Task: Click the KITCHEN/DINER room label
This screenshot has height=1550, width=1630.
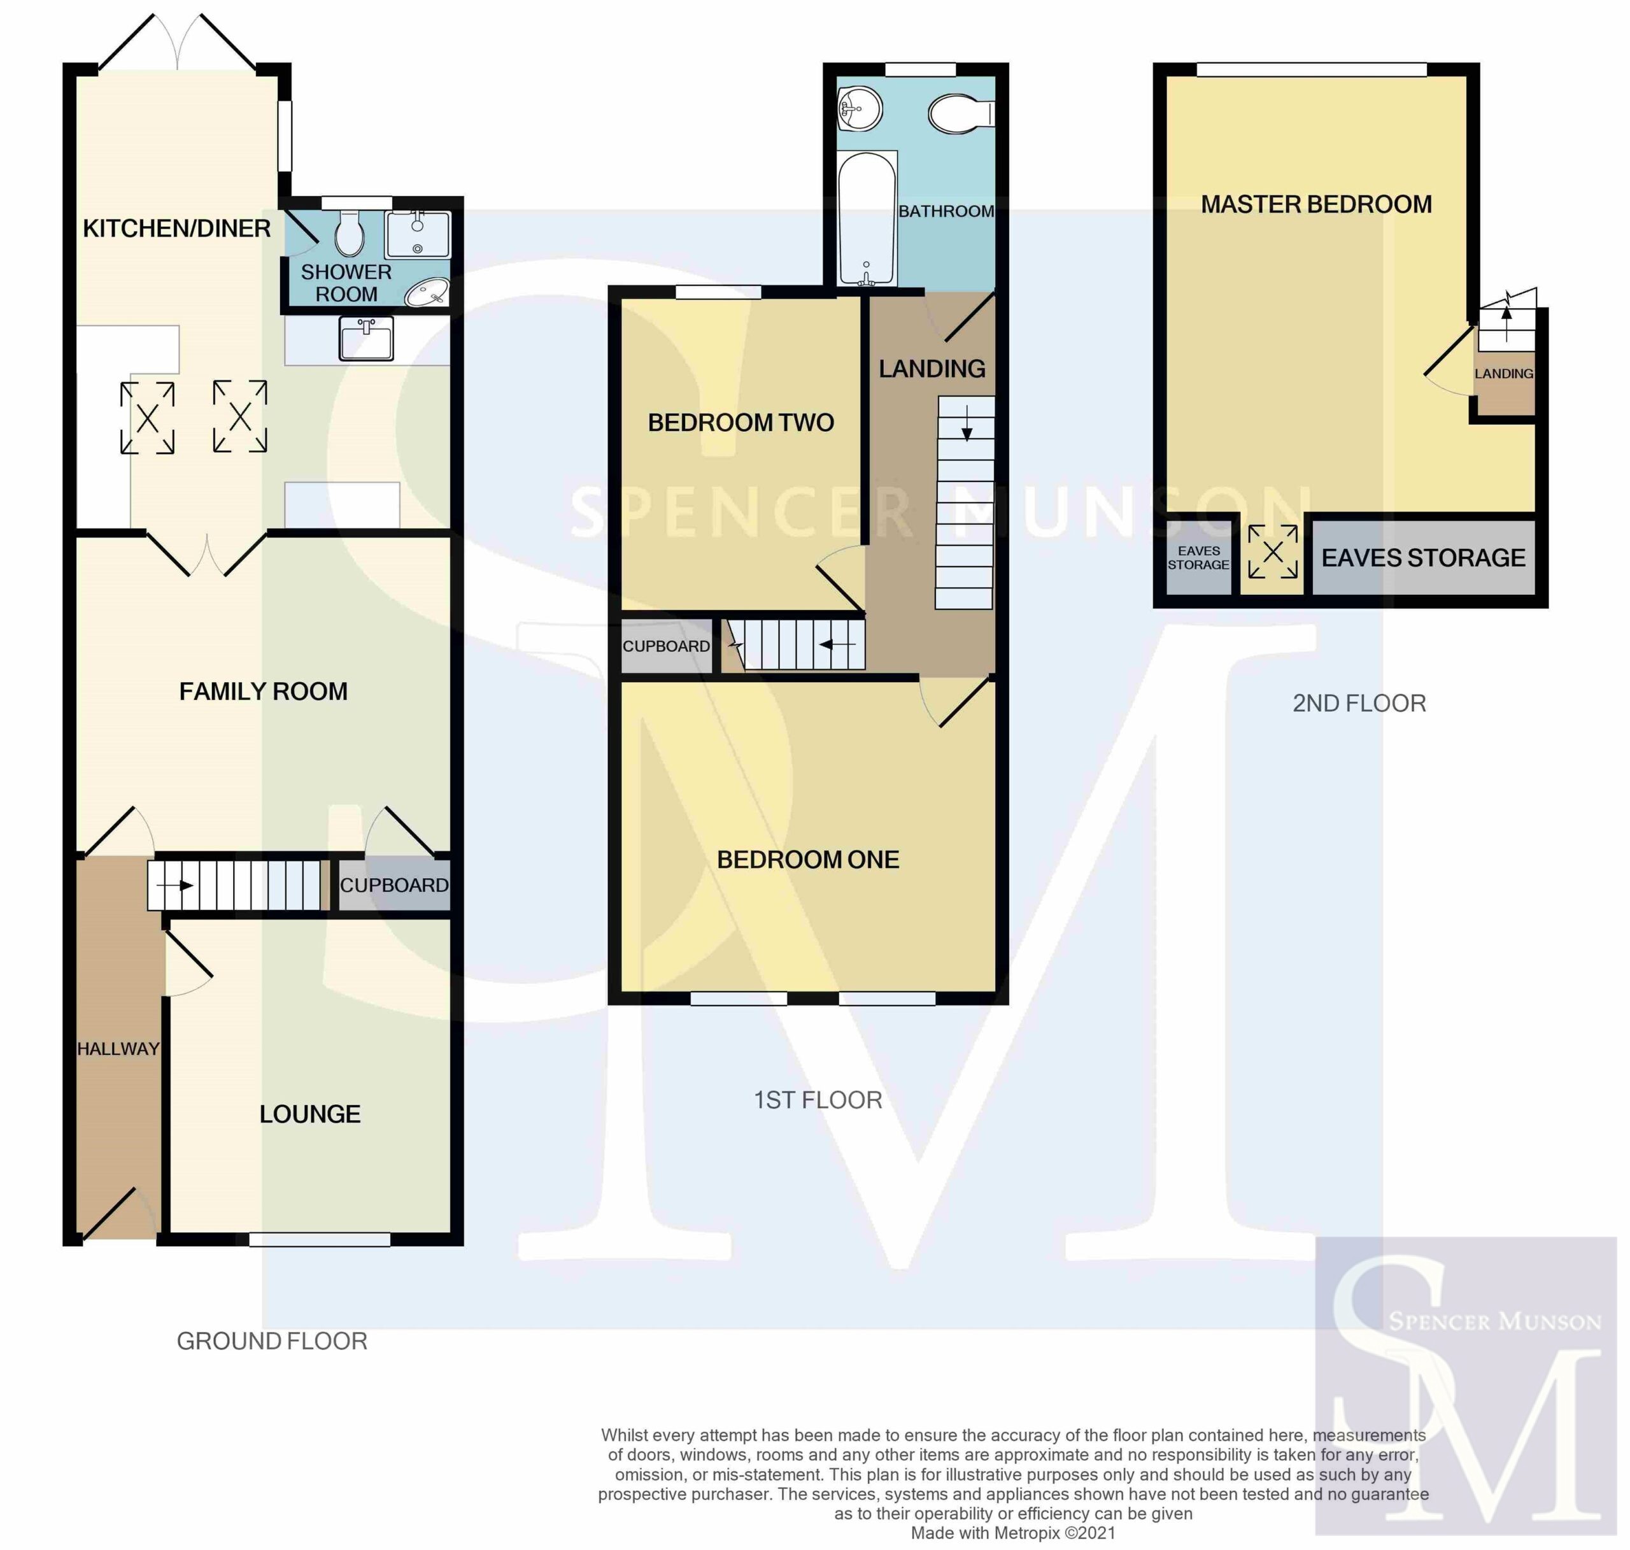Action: (x=177, y=229)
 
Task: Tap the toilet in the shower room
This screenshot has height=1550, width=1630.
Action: (x=350, y=232)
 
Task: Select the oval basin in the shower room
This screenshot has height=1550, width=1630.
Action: (x=427, y=292)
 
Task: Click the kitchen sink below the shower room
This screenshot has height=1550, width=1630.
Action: (x=366, y=339)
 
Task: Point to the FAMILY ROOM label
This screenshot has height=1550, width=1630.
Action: (x=264, y=692)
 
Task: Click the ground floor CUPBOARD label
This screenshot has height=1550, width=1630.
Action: (x=394, y=886)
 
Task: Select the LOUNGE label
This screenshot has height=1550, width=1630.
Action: (x=310, y=1114)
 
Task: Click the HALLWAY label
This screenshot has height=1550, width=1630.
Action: (x=118, y=1049)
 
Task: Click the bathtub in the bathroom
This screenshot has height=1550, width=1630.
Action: (x=867, y=219)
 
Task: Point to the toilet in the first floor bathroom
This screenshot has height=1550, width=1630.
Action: (x=961, y=113)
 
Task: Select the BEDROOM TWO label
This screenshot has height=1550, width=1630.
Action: (x=741, y=423)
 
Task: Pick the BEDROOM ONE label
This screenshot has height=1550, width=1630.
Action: (x=808, y=860)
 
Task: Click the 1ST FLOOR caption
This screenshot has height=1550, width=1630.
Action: (x=818, y=1100)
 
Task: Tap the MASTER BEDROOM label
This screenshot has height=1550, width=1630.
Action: (x=1316, y=205)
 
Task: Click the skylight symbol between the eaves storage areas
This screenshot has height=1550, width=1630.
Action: (x=1273, y=552)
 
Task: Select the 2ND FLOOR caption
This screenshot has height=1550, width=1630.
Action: (x=1359, y=704)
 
